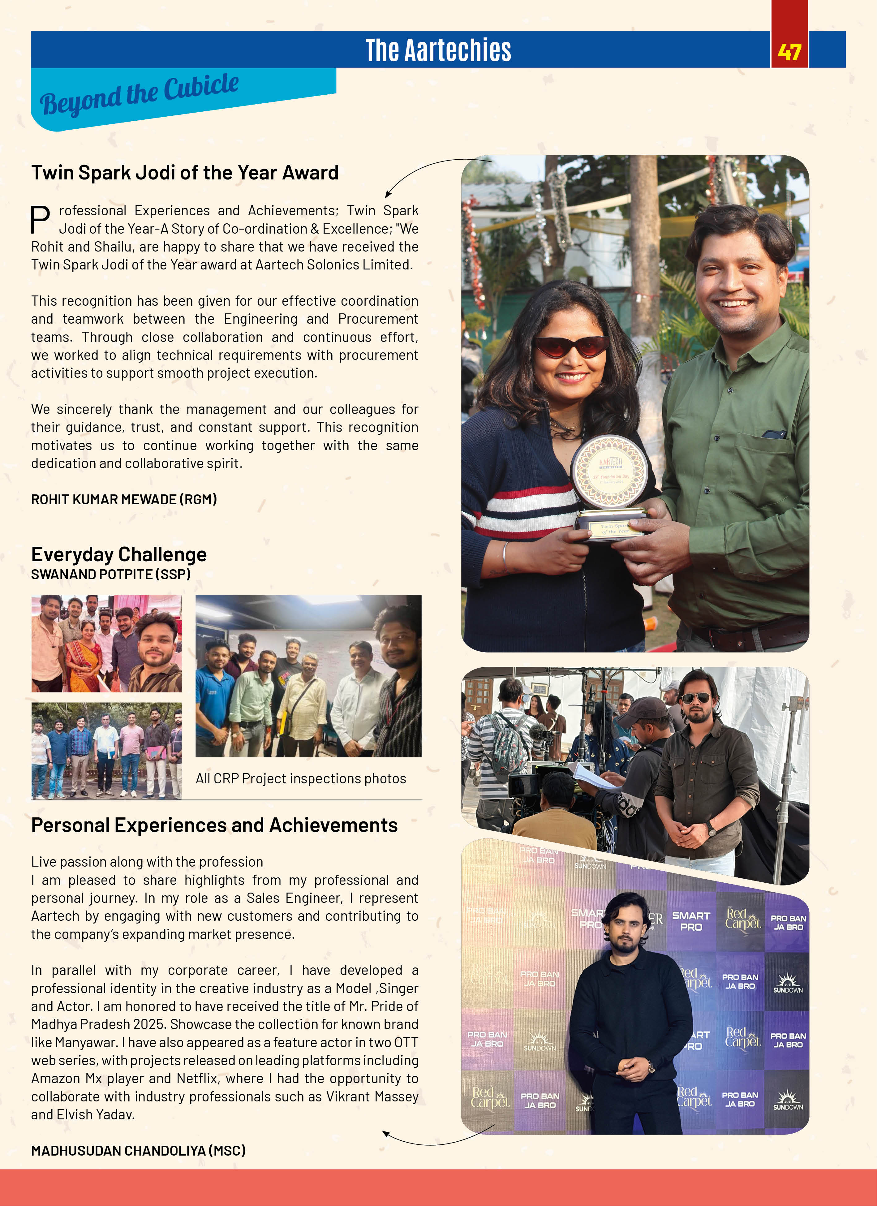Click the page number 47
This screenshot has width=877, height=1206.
coord(789,52)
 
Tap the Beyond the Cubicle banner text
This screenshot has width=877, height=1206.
coord(139,94)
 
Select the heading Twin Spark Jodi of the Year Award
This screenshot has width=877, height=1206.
coord(184,173)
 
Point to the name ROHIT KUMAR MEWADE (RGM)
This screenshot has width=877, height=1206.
coord(124,499)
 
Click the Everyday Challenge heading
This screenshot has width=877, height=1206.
coord(118,554)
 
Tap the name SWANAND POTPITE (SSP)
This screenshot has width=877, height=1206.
coord(110,574)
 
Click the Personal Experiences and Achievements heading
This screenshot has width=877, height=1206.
coord(214,825)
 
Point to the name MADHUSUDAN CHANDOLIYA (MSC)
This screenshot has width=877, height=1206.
coord(138,1151)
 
